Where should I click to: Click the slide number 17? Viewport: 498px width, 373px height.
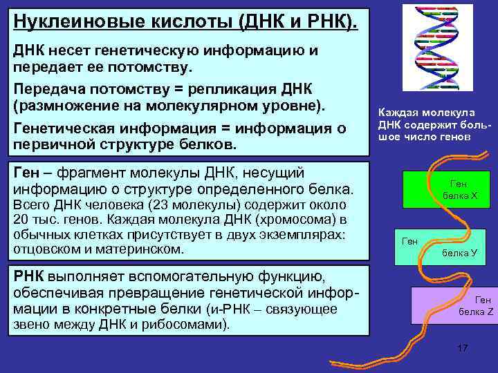coord(463,347)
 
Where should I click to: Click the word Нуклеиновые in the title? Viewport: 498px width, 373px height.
coord(66,21)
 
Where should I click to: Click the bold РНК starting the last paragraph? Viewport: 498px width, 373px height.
coord(30,278)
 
